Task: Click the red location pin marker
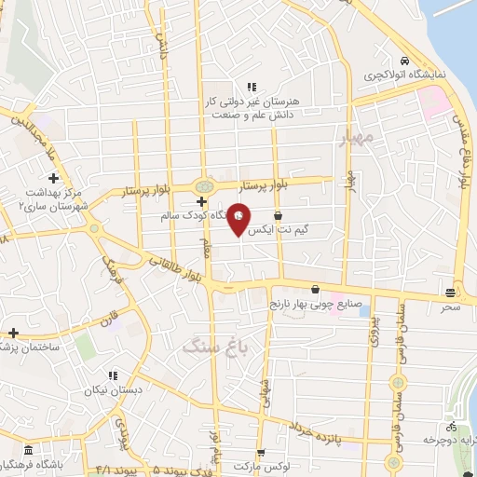[x=239, y=219]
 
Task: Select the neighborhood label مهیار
[x=356, y=139]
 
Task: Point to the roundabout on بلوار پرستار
[x=203, y=185]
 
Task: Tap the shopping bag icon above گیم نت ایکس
[x=278, y=216]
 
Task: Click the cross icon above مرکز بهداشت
[x=53, y=178]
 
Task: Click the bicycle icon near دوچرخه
[x=452, y=424]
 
